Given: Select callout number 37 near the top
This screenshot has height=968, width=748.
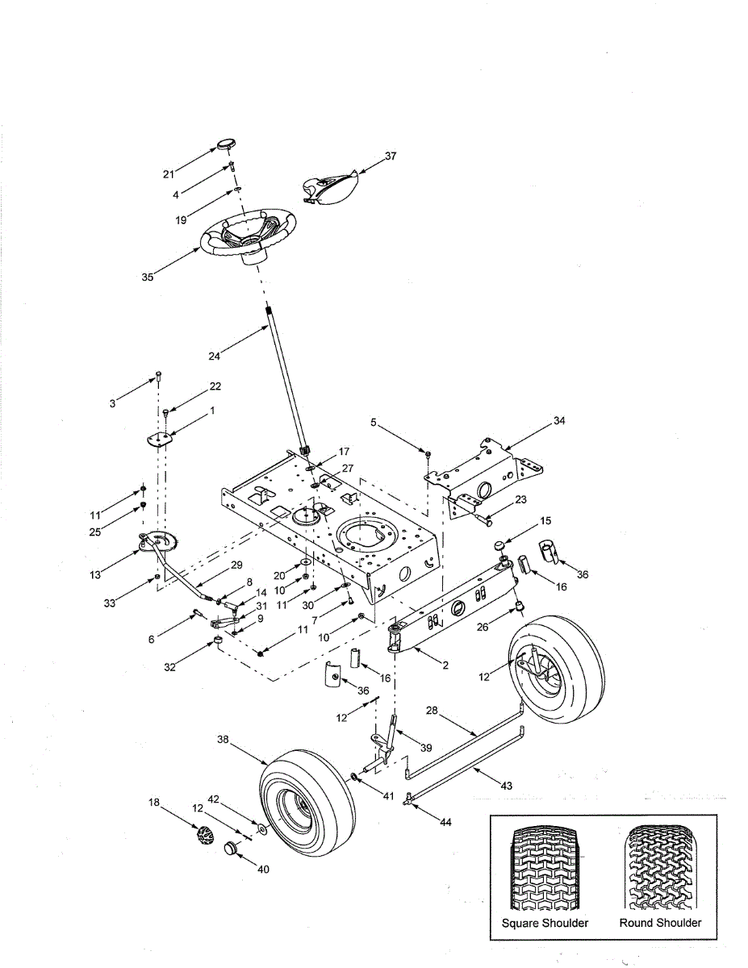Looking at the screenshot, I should pos(391,156).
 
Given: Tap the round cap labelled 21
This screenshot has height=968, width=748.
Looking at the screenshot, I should pos(224,146).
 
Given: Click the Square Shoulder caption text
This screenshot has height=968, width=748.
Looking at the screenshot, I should pos(545,923).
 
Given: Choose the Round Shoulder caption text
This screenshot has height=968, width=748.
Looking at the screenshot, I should pos(660,923).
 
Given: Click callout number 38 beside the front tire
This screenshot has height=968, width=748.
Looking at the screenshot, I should pos(224,738).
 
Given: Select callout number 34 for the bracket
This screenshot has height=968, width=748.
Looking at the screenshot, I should pos(560,420).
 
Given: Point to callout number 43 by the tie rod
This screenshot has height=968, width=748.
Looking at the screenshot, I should pos(506,785).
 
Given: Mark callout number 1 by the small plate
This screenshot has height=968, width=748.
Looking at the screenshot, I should pos(212,411).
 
